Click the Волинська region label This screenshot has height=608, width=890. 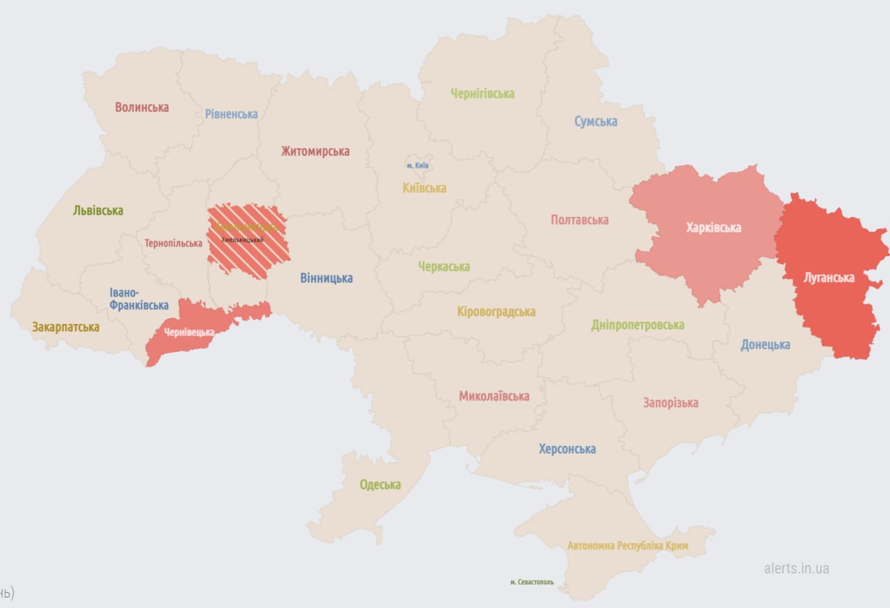pyautogui.click(x=142, y=108)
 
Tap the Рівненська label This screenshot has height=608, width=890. pyautogui.click(x=231, y=114)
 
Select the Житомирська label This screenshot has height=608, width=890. pyautogui.click(x=315, y=152)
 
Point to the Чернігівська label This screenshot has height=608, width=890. pyautogui.click(x=482, y=94)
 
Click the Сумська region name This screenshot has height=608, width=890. pyautogui.click(x=595, y=122)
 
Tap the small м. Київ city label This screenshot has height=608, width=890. pyautogui.click(x=417, y=166)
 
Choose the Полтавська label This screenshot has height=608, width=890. pyautogui.click(x=579, y=220)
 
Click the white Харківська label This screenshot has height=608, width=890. pyautogui.click(x=713, y=227)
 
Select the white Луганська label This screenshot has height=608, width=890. pyautogui.click(x=829, y=278)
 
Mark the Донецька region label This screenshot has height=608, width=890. pyautogui.click(x=765, y=345)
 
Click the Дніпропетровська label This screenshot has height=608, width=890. pyautogui.click(x=637, y=325)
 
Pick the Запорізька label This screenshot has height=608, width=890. pyautogui.click(x=670, y=403)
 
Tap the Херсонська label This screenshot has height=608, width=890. pyautogui.click(x=567, y=449)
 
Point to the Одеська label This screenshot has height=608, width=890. pyautogui.click(x=380, y=485)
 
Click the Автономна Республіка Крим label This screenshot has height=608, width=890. pyautogui.click(x=627, y=546)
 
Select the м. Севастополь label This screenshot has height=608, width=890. pyautogui.click(x=531, y=582)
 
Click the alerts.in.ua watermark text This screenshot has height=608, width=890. pyautogui.click(x=796, y=568)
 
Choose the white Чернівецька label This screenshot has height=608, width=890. pyautogui.click(x=189, y=333)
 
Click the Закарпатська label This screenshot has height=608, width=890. pyautogui.click(x=65, y=327)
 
